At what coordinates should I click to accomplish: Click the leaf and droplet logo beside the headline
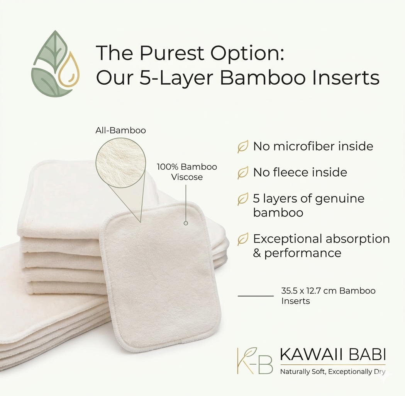click(55, 64)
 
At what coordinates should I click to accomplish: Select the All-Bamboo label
click(120, 130)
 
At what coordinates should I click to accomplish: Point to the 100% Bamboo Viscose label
click(187, 172)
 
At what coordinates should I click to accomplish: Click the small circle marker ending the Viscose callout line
click(186, 223)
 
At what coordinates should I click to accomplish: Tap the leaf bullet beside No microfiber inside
click(243, 147)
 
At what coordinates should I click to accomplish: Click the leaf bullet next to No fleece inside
click(243, 173)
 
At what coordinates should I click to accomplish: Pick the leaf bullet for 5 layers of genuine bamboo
click(243, 199)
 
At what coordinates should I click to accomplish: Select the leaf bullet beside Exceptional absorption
click(243, 239)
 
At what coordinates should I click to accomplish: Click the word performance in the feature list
click(302, 253)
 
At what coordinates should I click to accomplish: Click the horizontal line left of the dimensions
click(256, 295)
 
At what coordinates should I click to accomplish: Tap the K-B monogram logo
click(255, 360)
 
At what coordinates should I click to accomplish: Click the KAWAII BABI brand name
click(333, 355)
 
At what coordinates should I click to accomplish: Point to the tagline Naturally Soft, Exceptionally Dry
click(333, 372)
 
